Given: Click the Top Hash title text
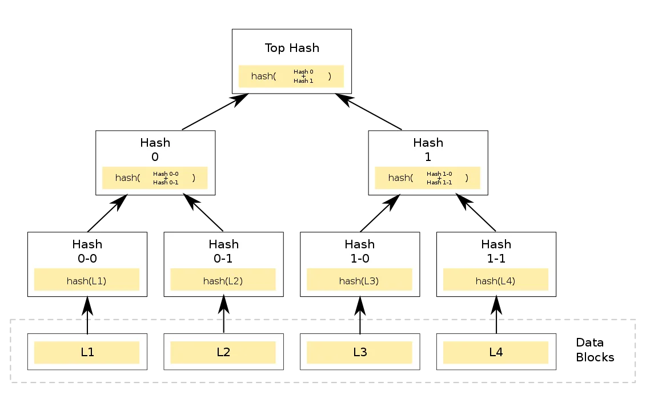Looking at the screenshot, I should [x=291, y=48].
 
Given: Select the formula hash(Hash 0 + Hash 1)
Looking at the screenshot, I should [x=291, y=76].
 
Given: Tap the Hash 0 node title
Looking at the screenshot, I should [x=155, y=150].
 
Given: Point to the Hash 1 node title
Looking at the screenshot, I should [x=428, y=150].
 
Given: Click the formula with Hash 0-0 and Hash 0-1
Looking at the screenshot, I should [x=155, y=178].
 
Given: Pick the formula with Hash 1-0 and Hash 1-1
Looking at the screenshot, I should [x=428, y=178].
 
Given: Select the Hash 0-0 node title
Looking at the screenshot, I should [x=87, y=251].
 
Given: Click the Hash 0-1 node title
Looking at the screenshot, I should [x=223, y=251].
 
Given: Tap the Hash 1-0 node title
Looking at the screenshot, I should [x=360, y=251].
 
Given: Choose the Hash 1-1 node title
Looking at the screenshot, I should [x=496, y=251].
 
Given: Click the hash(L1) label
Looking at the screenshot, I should [x=87, y=281].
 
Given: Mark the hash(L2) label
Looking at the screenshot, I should [x=223, y=281].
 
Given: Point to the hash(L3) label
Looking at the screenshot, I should [x=359, y=281].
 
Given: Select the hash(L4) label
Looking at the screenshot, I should [x=496, y=281].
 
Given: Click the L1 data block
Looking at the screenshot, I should [x=87, y=352].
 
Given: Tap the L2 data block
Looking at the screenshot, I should [x=223, y=352].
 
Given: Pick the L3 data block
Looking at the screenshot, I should [x=360, y=352].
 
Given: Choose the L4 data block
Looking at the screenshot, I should [x=496, y=352].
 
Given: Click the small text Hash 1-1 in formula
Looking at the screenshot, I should [x=439, y=183].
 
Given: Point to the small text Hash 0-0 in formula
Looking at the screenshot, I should [x=166, y=174].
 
